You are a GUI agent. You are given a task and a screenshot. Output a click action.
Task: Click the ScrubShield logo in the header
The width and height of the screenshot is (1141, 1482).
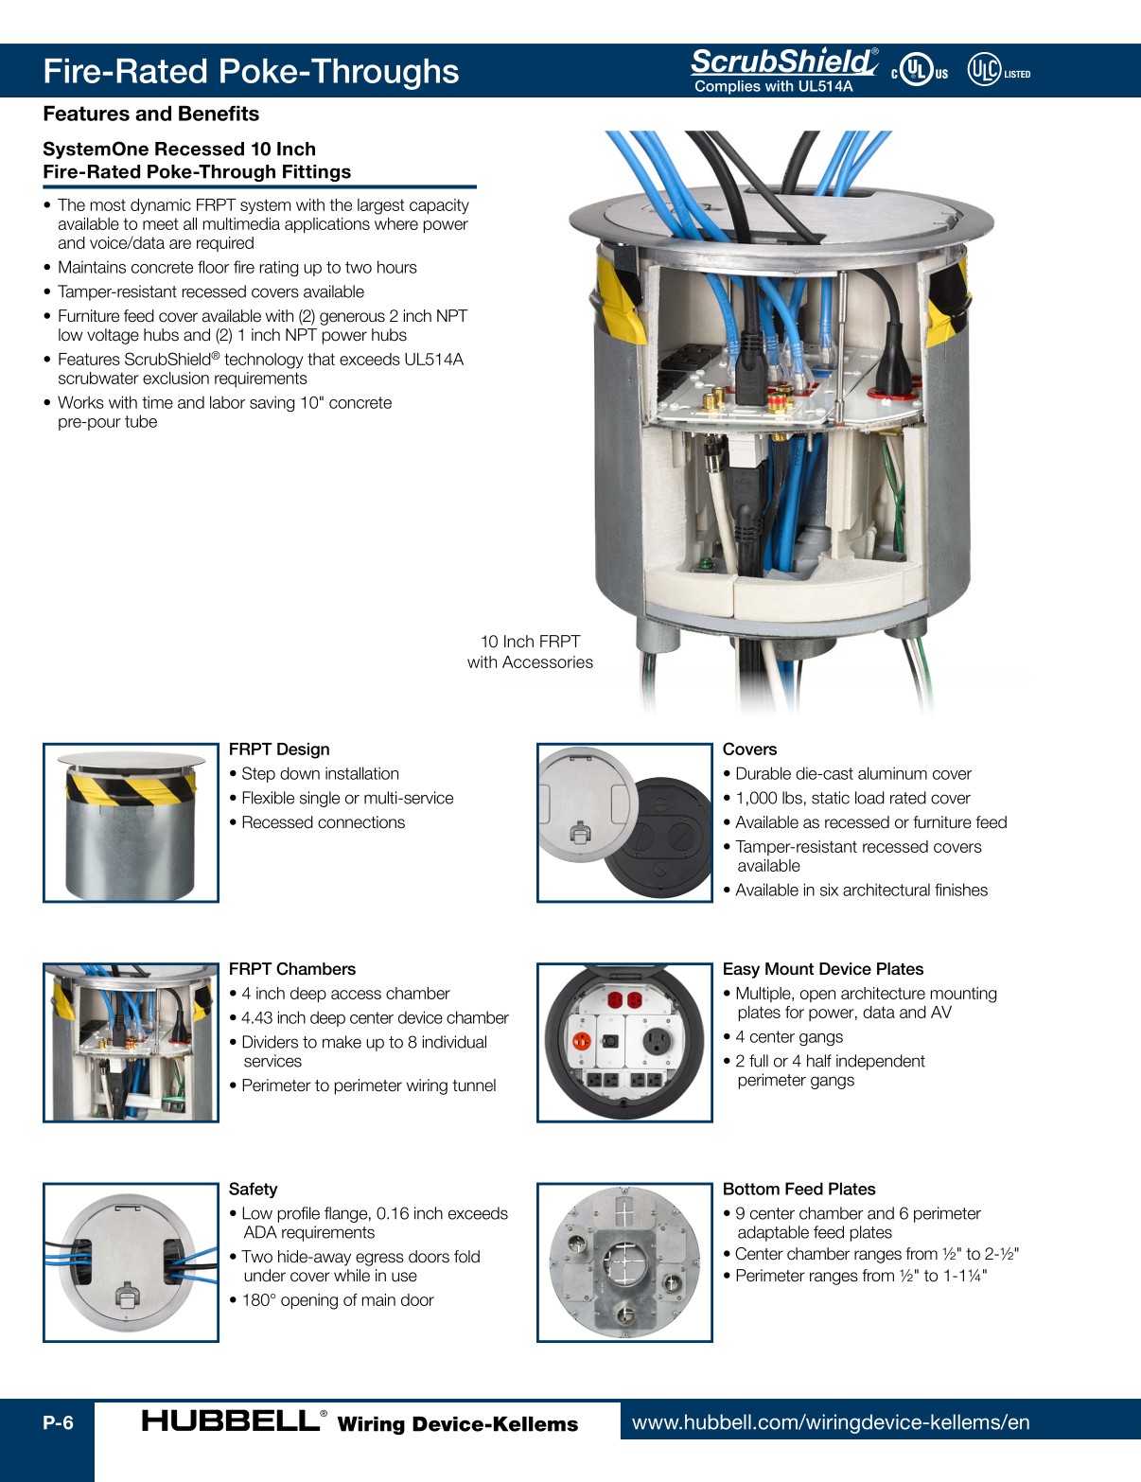pyautogui.click(x=783, y=62)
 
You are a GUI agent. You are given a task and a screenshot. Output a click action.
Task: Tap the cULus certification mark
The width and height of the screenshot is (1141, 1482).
pyautogui.click(x=919, y=71)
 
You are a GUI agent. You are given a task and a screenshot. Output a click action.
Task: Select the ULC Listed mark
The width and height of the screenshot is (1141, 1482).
pyautogui.click(x=997, y=71)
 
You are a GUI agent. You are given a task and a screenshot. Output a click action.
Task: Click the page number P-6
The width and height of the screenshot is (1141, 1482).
pyautogui.click(x=58, y=1422)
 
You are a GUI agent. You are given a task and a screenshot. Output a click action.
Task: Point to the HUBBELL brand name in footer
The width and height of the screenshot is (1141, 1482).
pyautogui.click(x=230, y=1420)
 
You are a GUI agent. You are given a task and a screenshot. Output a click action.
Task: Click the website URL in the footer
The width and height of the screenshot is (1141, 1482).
pyautogui.click(x=830, y=1422)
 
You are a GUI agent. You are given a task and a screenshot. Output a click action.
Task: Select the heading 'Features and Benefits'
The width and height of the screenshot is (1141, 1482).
pyautogui.click(x=150, y=114)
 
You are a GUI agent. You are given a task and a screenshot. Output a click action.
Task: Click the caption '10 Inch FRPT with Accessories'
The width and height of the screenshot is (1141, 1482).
pyautogui.click(x=530, y=652)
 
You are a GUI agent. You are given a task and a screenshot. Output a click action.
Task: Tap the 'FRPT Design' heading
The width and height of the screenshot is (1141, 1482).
pyautogui.click(x=279, y=750)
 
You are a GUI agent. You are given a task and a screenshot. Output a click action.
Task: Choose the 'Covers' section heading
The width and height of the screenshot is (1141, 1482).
pyautogui.click(x=749, y=750)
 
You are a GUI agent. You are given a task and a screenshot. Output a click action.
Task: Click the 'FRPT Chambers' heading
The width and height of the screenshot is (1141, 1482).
pyautogui.click(x=291, y=969)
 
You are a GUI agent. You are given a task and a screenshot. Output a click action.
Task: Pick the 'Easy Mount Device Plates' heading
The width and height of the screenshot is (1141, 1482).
pyautogui.click(x=822, y=969)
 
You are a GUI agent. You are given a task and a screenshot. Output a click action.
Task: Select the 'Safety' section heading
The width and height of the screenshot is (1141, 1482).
pyautogui.click(x=253, y=1190)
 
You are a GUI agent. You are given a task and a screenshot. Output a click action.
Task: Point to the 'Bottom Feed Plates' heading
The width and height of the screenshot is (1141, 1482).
pyautogui.click(x=799, y=1190)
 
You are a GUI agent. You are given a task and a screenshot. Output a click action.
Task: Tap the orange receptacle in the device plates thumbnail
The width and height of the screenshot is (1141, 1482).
pyautogui.click(x=582, y=1041)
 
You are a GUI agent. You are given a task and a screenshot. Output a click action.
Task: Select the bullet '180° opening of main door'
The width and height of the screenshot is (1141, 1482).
pyautogui.click(x=337, y=1300)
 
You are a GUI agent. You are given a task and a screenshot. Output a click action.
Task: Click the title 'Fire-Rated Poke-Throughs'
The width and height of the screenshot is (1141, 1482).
pyautogui.click(x=251, y=72)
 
